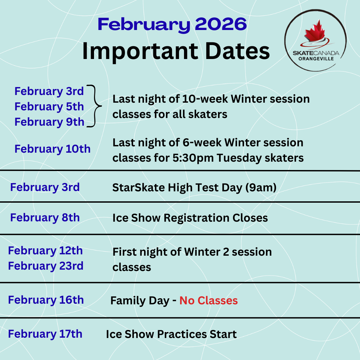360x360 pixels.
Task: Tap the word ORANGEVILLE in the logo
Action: pyautogui.click(x=316, y=59)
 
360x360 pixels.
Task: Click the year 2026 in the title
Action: pyautogui.click(x=221, y=24)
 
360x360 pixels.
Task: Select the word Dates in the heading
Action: pyautogui.click(x=237, y=51)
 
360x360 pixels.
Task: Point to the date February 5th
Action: pyautogui.click(x=49, y=107)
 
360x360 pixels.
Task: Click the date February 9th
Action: pyautogui.click(x=49, y=122)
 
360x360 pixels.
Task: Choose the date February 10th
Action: pyautogui.click(x=53, y=149)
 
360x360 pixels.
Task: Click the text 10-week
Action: pyautogui.click(x=205, y=99)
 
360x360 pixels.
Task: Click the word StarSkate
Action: pyautogui.click(x=138, y=188)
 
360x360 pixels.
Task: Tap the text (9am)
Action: pyautogui.click(x=261, y=188)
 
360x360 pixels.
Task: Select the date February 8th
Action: pyautogui.click(x=45, y=218)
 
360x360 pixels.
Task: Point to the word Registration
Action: pyautogui.click(x=196, y=218)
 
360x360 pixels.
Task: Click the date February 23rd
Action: pyautogui.click(x=46, y=266)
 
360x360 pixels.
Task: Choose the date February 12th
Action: pyautogui.click(x=45, y=251)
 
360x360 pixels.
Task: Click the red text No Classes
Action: pyautogui.click(x=208, y=301)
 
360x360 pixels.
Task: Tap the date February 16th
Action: pyautogui.click(x=46, y=300)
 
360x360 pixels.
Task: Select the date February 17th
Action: pyautogui.click(x=45, y=334)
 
